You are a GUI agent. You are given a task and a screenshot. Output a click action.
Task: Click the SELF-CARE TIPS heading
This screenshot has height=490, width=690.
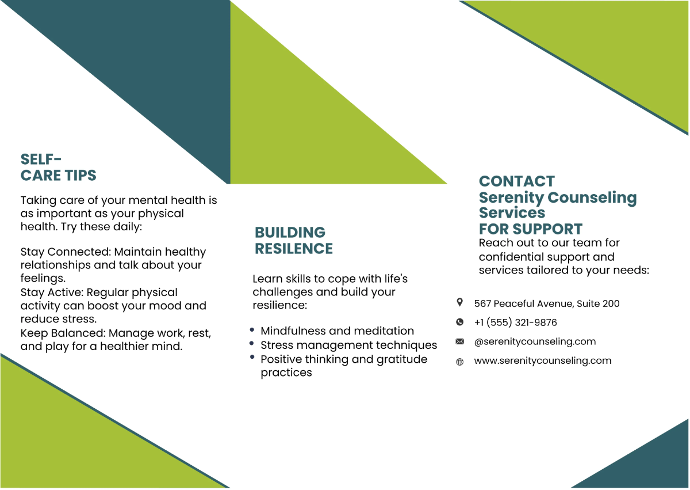(58, 167)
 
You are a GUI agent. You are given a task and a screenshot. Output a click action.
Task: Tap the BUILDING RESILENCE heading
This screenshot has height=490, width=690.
(293, 241)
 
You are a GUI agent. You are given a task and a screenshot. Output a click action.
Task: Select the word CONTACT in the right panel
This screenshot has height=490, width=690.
(516, 181)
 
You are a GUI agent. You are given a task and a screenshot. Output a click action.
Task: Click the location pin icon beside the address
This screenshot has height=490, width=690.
(459, 302)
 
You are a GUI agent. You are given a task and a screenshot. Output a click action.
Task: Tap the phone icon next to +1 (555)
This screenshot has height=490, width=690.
(459, 322)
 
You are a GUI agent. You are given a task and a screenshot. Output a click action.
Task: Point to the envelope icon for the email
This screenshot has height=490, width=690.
(459, 341)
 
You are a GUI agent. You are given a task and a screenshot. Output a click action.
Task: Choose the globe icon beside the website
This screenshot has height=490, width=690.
(459, 362)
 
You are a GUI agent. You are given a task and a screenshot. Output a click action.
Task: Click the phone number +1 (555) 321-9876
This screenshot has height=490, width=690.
(515, 322)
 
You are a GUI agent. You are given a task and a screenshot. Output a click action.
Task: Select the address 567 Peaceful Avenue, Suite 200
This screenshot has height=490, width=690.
(546, 303)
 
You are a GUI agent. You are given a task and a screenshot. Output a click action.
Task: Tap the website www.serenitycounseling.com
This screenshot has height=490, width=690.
(542, 361)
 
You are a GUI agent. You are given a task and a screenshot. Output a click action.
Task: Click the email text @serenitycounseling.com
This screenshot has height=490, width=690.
(535, 341)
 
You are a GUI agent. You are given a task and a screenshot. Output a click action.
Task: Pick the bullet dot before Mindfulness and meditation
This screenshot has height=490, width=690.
(252, 329)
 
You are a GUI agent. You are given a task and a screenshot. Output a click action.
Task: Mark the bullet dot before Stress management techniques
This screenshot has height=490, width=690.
(252, 343)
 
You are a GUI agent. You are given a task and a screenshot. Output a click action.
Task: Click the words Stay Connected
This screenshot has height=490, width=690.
(64, 252)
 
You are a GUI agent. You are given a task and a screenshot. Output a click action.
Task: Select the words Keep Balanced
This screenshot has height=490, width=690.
(62, 333)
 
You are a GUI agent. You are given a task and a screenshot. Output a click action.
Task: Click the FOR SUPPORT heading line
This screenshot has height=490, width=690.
(530, 229)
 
